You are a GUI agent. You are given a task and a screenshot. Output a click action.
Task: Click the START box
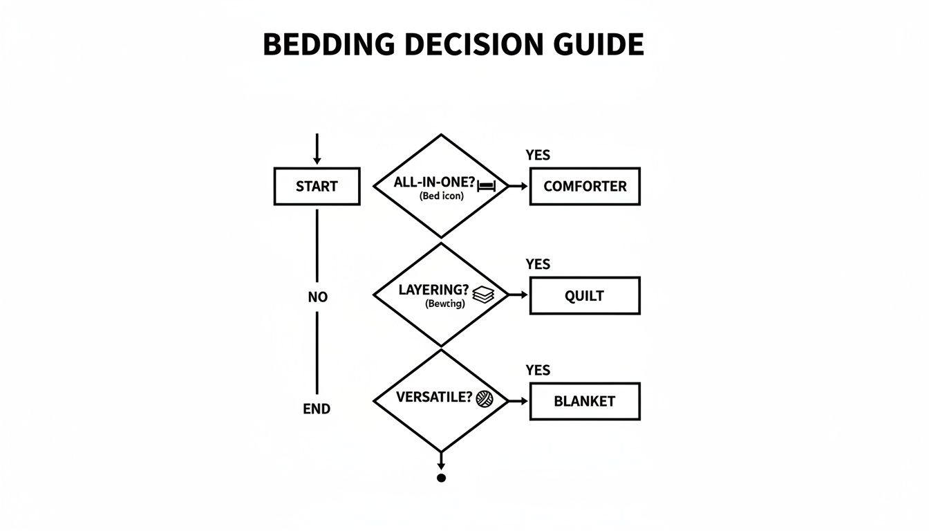click(x=317, y=186)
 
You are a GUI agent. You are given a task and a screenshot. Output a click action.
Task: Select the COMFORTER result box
click(x=585, y=186)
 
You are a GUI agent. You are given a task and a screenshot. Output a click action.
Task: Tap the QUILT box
click(x=585, y=296)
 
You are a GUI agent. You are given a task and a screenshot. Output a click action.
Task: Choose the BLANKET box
click(x=585, y=401)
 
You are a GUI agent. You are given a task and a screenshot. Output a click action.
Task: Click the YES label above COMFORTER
click(x=538, y=156)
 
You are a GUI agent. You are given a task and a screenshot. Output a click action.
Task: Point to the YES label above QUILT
click(x=538, y=265)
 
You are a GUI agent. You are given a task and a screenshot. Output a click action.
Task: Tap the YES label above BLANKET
click(x=538, y=371)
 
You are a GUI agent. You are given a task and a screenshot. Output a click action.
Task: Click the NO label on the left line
click(x=317, y=297)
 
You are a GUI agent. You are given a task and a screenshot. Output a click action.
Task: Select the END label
click(x=317, y=409)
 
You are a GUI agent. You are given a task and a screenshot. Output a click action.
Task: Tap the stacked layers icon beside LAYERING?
click(x=485, y=295)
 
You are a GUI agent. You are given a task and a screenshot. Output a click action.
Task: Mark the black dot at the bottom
click(x=441, y=478)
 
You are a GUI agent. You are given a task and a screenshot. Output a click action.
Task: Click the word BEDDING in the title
click(x=328, y=45)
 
